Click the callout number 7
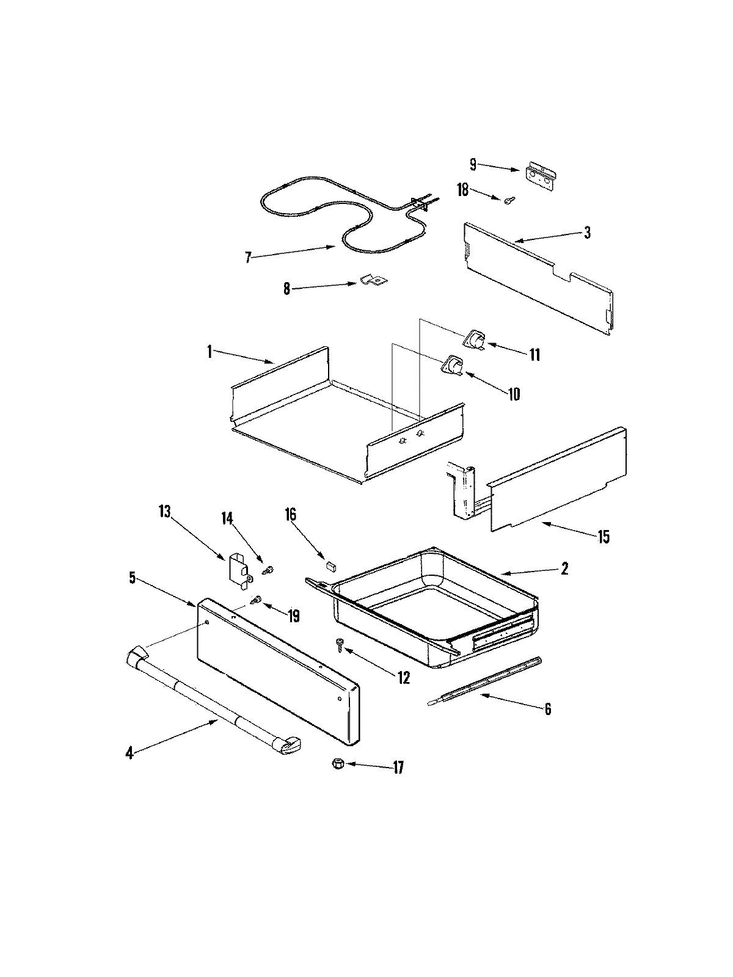(247, 258)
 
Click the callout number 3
(586, 233)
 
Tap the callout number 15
(604, 537)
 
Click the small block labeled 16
(330, 565)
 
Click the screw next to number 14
(268, 570)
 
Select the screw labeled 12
(340, 643)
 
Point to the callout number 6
(547, 709)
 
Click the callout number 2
(564, 568)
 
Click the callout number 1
(209, 352)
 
